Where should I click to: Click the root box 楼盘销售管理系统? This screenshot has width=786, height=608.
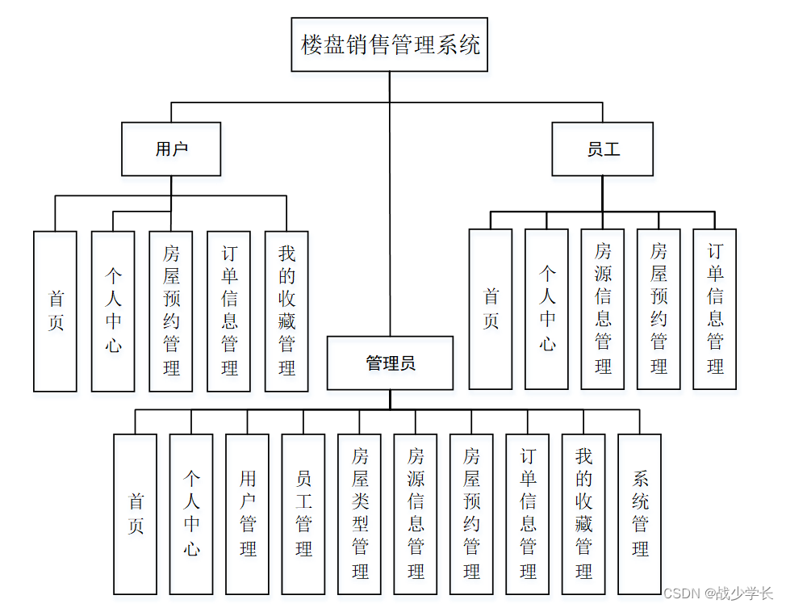coord(390,44)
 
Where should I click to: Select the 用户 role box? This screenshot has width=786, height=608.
coord(171,149)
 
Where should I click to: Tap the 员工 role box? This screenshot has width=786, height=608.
coord(603,149)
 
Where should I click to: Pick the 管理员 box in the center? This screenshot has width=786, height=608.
coord(391,363)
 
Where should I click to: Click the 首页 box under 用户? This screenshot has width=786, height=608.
coord(55,312)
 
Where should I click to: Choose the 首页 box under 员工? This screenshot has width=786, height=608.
coord(491,309)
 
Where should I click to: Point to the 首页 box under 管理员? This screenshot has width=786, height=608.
coord(135,514)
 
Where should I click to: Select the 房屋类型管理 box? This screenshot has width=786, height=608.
coord(359,514)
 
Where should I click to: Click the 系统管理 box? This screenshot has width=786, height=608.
coord(639,514)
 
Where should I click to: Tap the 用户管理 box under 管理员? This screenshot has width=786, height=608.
coord(247,514)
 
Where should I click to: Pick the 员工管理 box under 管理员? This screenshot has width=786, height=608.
coord(303,514)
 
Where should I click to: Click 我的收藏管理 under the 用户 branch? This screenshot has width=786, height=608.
coord(286,312)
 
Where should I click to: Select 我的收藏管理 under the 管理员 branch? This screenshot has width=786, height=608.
coord(583,514)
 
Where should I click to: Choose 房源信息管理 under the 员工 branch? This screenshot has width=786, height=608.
coord(603,309)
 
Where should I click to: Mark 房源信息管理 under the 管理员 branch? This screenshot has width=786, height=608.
coord(416,514)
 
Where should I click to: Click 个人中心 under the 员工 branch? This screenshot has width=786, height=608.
coord(547,309)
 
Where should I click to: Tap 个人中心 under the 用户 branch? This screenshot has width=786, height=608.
coord(113,312)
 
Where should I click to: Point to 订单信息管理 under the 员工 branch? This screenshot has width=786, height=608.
coord(715,309)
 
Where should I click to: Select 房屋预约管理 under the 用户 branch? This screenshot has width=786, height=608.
coord(171,312)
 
